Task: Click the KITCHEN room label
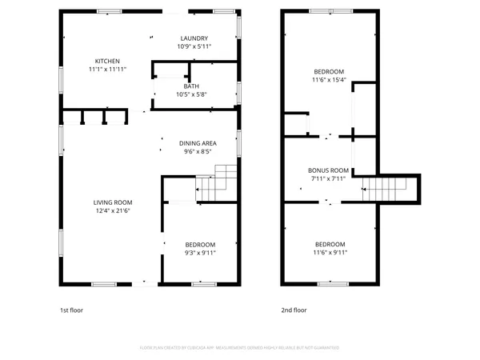107,62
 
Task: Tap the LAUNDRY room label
194,38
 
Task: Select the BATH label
191,86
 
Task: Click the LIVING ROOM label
112,202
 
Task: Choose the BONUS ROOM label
329,170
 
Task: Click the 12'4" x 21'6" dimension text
112,210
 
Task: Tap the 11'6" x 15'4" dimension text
329,79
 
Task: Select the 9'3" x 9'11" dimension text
200,253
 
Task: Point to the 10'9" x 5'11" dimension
194,46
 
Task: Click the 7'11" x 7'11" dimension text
329,178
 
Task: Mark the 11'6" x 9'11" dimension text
330,253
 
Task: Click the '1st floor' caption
71,310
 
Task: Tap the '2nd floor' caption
294,310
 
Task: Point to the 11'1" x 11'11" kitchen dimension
107,70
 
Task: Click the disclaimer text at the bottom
240,348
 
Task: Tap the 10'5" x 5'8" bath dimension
191,94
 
